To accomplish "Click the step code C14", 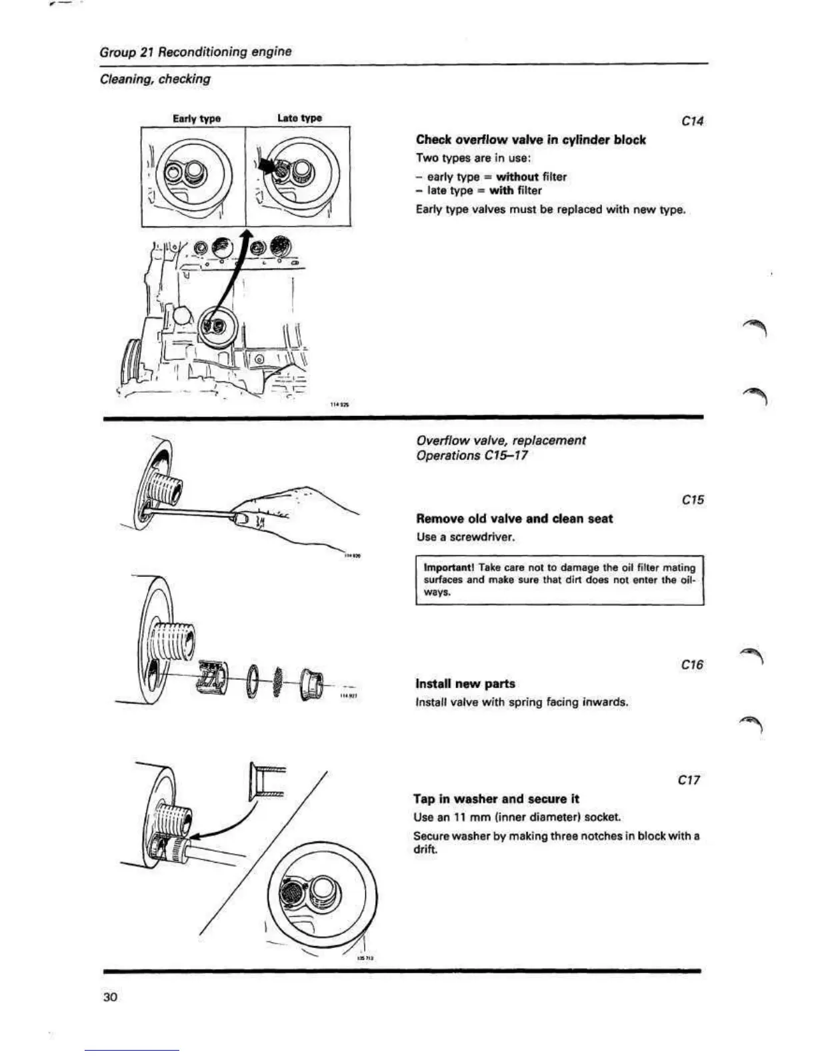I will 693,121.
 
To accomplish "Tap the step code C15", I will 693,500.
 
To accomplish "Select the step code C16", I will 693,665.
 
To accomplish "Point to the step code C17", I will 689,779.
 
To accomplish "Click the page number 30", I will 110,997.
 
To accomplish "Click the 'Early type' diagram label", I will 197,119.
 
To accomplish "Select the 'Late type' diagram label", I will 299,118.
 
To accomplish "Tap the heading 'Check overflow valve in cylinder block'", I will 531,140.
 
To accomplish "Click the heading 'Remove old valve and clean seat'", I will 514,519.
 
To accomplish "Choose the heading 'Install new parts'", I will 465,684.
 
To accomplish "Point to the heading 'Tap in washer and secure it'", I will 496,799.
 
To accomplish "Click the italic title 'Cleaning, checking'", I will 155,79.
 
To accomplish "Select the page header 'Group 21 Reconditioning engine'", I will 195,51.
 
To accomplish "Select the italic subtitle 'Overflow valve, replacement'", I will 501,440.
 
